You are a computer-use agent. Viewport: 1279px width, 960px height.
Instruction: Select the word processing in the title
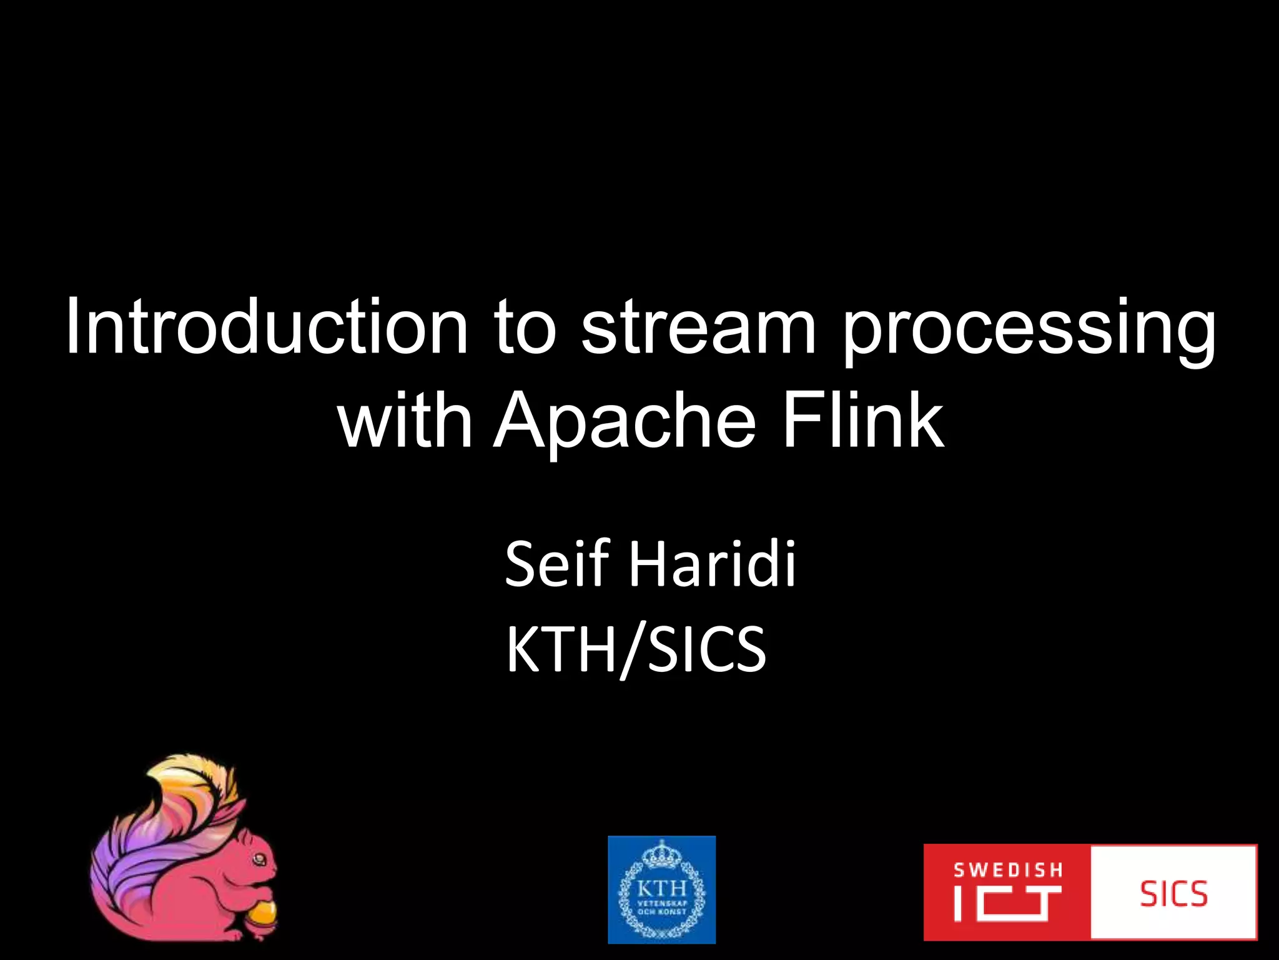tap(1029, 331)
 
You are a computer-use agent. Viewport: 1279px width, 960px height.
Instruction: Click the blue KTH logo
tap(661, 889)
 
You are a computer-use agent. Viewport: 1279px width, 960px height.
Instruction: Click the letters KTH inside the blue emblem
tap(661, 888)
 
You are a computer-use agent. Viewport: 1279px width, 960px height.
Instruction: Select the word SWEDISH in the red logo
tap(1007, 870)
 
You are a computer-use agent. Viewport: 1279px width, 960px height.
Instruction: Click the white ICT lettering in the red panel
tap(1007, 904)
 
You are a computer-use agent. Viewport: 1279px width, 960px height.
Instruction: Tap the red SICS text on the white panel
tap(1173, 894)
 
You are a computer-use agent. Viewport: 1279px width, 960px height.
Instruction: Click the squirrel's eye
tap(258, 861)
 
